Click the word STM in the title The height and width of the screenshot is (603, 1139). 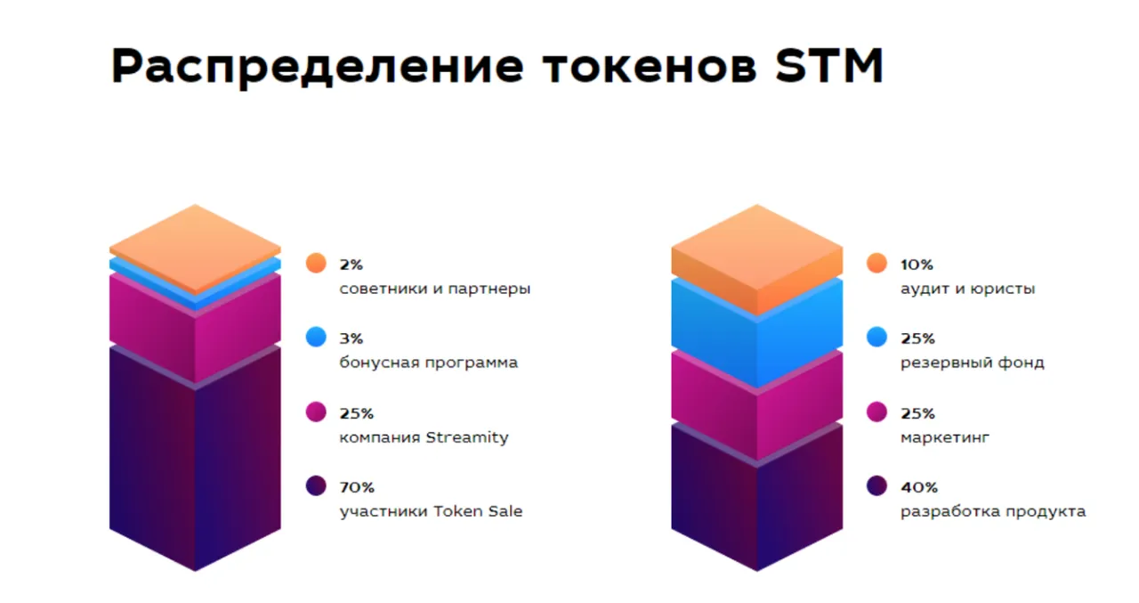829,65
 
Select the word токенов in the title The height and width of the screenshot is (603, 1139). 650,66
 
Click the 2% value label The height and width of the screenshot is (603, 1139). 351,265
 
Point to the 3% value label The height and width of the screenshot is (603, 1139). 351,338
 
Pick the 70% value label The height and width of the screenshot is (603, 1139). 357,487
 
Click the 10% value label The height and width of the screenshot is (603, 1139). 917,265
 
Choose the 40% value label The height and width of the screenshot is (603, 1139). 919,487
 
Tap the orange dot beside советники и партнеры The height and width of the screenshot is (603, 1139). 316,263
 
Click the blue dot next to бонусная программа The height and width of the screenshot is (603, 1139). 316,337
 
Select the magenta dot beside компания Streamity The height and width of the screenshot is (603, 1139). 316,412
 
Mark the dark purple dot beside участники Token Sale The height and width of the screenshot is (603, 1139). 316,486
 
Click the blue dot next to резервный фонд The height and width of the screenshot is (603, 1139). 876,337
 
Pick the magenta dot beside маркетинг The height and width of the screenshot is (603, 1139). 876,412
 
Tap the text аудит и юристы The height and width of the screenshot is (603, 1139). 967,289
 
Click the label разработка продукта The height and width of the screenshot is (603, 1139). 993,511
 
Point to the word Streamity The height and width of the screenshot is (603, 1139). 467,437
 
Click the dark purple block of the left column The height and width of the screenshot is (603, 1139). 195,458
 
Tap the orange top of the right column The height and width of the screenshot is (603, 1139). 756,255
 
